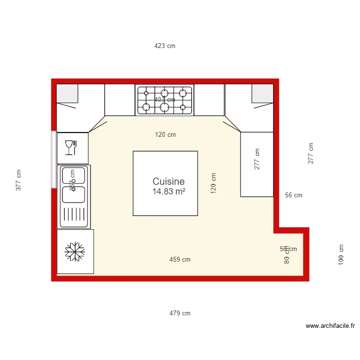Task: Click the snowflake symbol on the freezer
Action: tap(75, 252)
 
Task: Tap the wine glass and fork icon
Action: tap(71, 147)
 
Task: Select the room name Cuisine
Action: tap(168, 181)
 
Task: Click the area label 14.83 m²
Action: tap(168, 192)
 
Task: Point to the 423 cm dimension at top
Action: tap(165, 46)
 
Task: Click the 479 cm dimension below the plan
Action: tap(180, 313)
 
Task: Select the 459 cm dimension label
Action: tap(180, 260)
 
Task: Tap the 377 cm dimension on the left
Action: tap(19, 180)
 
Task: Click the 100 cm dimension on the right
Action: tap(341, 254)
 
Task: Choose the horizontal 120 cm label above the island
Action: tap(165, 135)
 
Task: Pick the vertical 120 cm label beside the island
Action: tap(214, 183)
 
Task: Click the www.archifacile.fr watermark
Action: tap(330, 326)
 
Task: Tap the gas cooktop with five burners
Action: tap(164, 100)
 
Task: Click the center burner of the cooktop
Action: tap(164, 100)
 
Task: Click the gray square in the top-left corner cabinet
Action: tap(67, 93)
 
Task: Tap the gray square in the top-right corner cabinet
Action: tap(263, 93)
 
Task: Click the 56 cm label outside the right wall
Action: tap(294, 195)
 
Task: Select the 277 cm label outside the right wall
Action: tap(311, 154)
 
